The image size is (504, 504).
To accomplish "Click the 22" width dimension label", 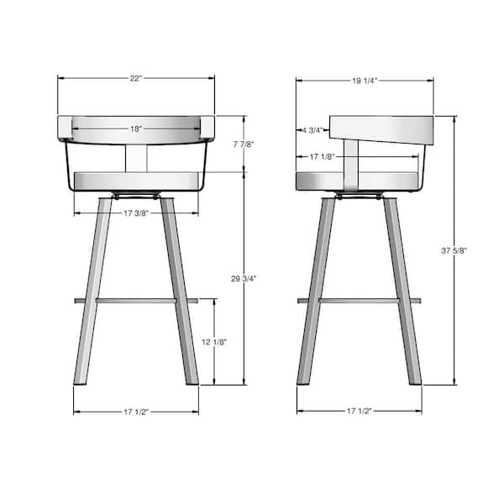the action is (136, 78).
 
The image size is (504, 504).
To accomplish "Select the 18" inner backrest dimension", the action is (136, 129).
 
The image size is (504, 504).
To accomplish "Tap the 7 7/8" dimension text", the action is (244, 144).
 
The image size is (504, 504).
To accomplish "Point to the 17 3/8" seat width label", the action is (136, 213).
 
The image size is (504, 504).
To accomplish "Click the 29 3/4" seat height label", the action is (244, 278).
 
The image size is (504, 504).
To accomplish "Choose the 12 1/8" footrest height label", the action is (214, 342).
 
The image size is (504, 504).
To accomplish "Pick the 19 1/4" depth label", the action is (365, 81).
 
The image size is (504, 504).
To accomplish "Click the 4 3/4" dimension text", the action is (312, 130).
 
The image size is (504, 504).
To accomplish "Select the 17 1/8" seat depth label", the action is (323, 157).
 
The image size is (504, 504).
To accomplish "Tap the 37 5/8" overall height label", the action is (454, 250).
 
